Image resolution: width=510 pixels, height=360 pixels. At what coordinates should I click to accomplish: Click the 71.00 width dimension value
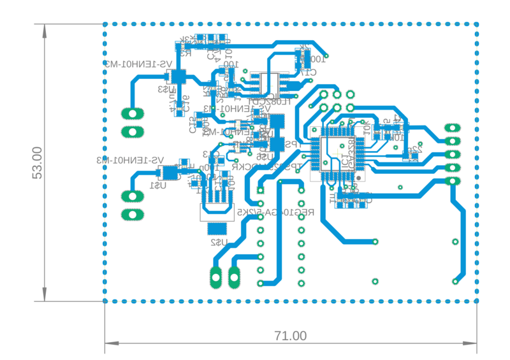[x=291, y=335]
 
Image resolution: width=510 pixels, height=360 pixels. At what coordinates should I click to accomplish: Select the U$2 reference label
[x=218, y=243]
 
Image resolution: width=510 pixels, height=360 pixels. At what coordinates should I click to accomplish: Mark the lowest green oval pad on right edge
[x=452, y=182]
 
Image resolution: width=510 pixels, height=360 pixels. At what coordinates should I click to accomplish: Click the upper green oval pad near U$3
[x=133, y=114]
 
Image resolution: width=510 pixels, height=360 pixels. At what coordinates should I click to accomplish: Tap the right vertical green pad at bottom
[x=235, y=277]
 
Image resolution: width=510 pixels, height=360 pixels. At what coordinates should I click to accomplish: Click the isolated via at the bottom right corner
[x=455, y=281]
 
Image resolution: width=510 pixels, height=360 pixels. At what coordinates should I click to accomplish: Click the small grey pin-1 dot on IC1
[x=358, y=176]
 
